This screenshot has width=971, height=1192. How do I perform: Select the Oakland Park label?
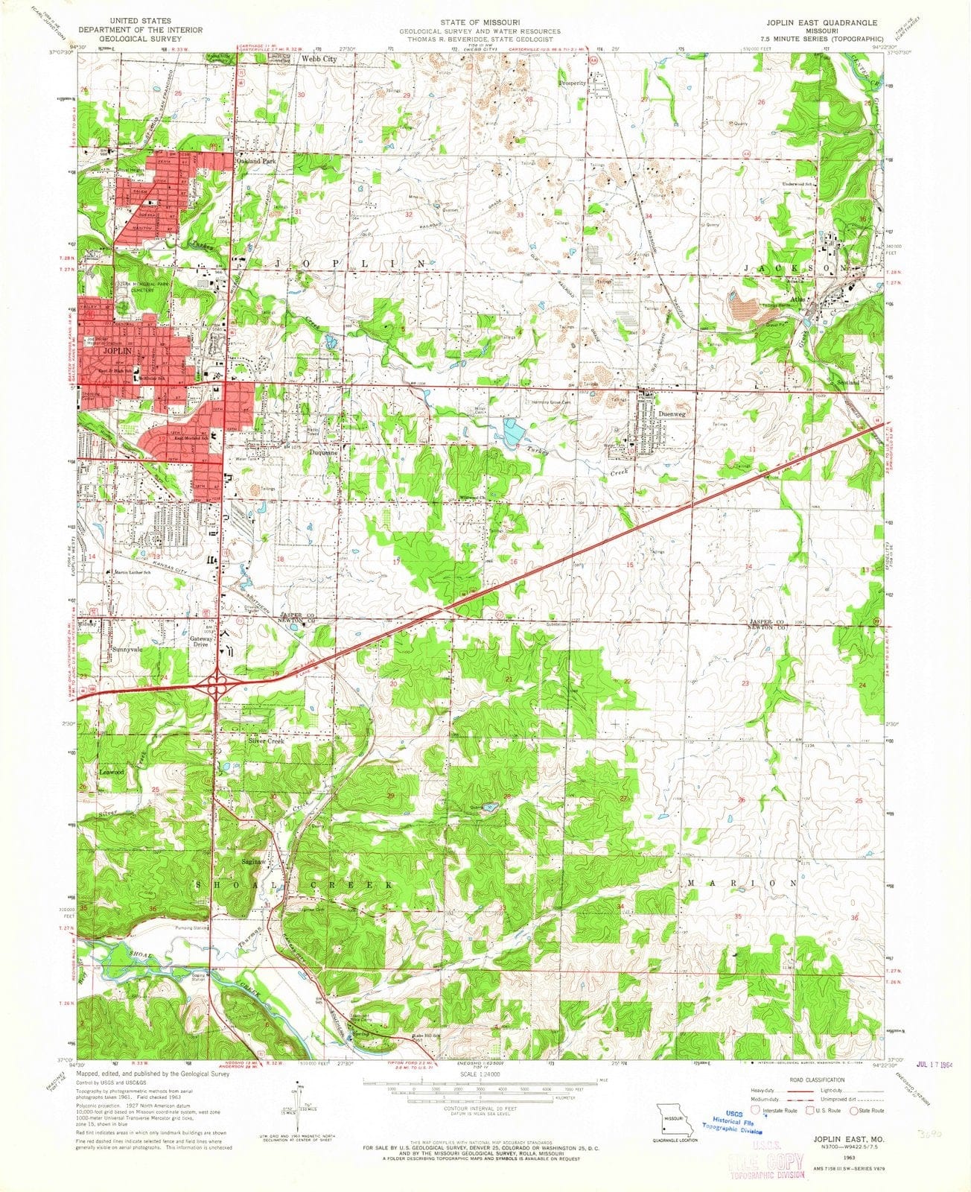(255, 160)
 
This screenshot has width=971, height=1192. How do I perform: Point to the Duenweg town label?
(672, 414)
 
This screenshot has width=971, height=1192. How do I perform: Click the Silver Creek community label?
(267, 741)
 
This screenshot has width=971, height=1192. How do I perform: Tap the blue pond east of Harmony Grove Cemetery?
(513, 431)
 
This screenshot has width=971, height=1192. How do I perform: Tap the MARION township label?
(742, 883)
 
